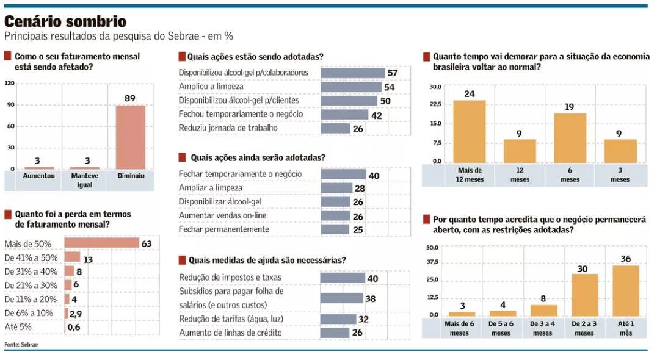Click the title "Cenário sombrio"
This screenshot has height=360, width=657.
(x=65, y=22)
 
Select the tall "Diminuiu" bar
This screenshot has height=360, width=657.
(x=130, y=137)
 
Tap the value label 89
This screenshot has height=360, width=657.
(x=129, y=98)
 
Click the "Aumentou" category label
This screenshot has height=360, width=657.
(x=38, y=176)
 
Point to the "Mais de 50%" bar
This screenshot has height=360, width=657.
(x=101, y=243)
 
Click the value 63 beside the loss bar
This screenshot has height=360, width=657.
(x=146, y=243)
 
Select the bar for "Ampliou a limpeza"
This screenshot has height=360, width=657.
(x=351, y=87)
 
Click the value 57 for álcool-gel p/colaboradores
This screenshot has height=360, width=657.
(x=393, y=73)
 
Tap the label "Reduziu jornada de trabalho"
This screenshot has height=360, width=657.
(x=228, y=128)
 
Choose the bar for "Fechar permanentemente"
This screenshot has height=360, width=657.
(x=335, y=229)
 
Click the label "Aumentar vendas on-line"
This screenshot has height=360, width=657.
(x=224, y=215)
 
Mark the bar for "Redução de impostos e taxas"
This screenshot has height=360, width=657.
(x=343, y=278)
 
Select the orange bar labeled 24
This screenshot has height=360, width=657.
(x=469, y=131)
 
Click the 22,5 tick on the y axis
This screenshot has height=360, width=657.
(x=435, y=104)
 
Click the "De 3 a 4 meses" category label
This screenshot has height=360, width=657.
(x=542, y=328)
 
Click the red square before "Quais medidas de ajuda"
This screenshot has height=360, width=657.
(x=182, y=260)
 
